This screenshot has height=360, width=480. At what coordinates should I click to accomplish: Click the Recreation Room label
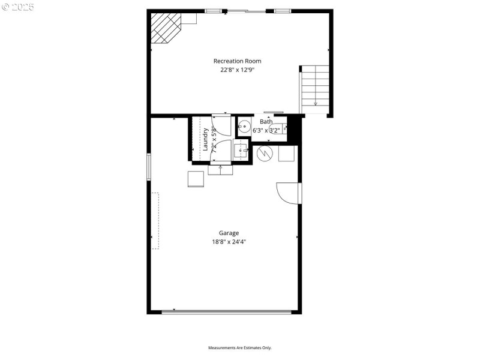[238, 61]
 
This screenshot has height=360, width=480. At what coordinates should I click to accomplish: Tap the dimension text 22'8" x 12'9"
[238, 69]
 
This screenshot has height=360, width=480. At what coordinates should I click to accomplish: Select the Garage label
[229, 233]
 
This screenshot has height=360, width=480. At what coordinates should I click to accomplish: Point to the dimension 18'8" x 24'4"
[229, 242]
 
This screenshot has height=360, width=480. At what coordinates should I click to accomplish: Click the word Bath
[266, 122]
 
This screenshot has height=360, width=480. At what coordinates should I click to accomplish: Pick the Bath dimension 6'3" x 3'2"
[266, 130]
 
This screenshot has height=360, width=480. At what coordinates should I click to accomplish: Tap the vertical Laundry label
[205, 139]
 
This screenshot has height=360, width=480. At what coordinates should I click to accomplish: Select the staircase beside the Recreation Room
[314, 88]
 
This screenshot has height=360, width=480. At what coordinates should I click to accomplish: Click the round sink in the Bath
[244, 126]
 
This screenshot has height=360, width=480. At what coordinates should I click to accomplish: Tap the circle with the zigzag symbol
[265, 154]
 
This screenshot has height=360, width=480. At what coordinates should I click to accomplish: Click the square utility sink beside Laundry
[241, 150]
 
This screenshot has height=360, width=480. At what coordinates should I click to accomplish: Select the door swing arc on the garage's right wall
[287, 193]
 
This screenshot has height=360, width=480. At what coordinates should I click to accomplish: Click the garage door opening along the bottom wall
[227, 311]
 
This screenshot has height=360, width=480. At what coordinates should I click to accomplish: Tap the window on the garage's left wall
[149, 166]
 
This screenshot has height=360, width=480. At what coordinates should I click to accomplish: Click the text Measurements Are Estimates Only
[240, 347]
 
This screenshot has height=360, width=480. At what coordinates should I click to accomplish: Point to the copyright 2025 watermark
[18, 7]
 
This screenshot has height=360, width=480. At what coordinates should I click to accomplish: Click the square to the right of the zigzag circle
[286, 154]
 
